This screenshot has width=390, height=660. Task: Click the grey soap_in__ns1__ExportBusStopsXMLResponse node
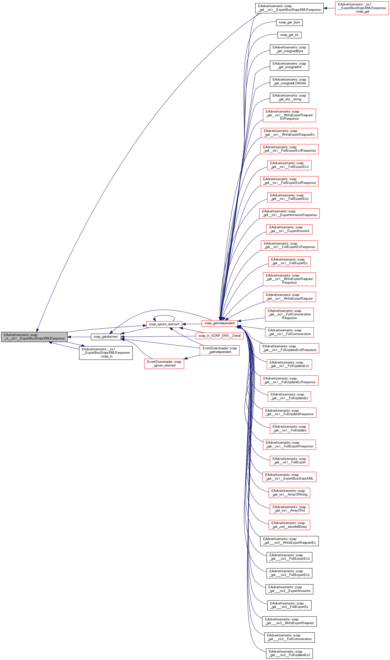tap(34, 337)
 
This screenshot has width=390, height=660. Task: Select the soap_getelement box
tap(106, 337)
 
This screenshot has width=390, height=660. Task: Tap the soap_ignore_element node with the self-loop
tap(164, 324)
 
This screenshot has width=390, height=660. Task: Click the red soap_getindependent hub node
tap(220, 323)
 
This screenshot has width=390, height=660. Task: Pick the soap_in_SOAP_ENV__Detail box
tap(220, 336)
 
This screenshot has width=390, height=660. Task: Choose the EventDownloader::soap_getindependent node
tap(220, 350)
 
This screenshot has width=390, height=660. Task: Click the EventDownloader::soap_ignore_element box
tap(164, 364)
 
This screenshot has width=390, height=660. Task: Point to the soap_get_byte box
tap(289, 22)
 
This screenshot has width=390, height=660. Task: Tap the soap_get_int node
tap(289, 35)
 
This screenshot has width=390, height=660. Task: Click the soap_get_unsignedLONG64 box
tap(289, 82)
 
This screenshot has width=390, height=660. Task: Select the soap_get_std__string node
tap(289, 98)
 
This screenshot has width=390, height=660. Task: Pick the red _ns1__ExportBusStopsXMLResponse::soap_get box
tap(362, 8)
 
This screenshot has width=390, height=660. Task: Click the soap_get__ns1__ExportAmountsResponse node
tap(289, 213)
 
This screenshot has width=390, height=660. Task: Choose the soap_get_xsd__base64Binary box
tap(289, 525)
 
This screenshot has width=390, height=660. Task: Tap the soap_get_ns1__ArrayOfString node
tap(289, 493)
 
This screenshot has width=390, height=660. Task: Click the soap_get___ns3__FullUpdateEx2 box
tap(289, 653)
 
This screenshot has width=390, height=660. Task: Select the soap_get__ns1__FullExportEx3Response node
tap(289, 149)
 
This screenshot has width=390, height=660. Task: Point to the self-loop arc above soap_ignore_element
tap(164, 316)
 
